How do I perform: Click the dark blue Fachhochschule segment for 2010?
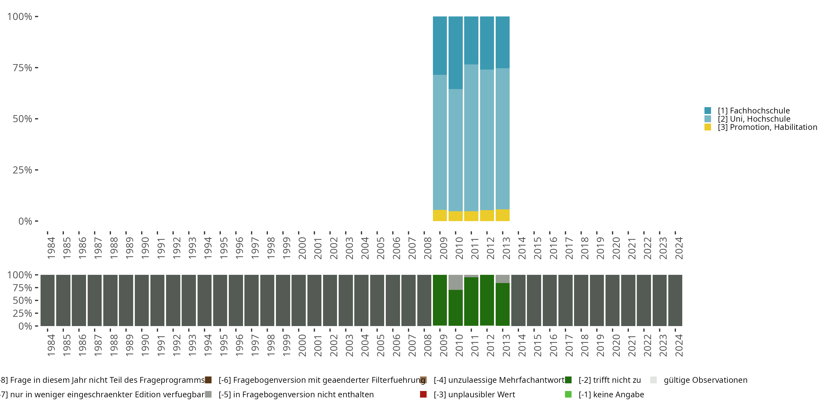[455, 53]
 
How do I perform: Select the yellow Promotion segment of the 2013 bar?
[503, 215]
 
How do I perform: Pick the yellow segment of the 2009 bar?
[440, 215]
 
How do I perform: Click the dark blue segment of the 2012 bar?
[487, 43]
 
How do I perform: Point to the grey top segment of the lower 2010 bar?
[455, 282]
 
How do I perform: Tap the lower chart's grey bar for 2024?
[675, 300]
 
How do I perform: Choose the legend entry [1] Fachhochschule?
[754, 111]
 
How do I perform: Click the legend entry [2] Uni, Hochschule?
[754, 119]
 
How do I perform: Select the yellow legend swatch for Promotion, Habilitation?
[708, 127]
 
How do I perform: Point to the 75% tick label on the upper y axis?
[22, 68]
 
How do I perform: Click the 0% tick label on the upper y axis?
[25, 221]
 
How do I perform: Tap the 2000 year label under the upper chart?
[302, 248]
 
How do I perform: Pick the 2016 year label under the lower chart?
[553, 345]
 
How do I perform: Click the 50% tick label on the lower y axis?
[22, 300]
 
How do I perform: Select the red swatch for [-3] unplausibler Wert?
[423, 394]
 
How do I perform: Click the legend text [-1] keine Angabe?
[611, 394]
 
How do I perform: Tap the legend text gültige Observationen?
[705, 380]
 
